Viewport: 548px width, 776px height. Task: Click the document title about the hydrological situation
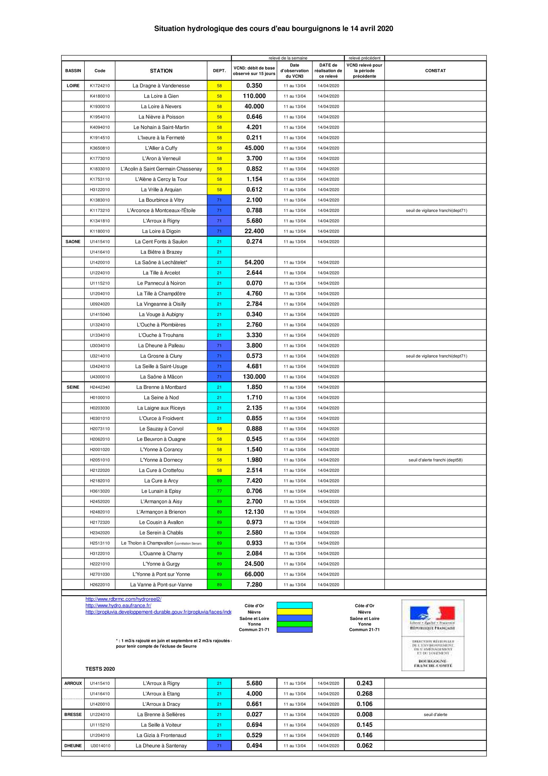(274, 29)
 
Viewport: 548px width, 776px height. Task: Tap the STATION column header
(161, 71)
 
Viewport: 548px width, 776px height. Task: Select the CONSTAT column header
(435, 71)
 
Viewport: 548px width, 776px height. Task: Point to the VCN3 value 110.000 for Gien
(254, 96)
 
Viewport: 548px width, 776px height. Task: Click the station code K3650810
(99, 148)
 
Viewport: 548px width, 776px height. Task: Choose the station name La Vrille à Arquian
(161, 190)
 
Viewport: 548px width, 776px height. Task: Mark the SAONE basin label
(73, 242)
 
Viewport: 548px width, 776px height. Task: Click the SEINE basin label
(73, 387)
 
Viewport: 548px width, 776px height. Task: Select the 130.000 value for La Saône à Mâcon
(254, 377)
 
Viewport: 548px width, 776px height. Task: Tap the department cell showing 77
(219, 491)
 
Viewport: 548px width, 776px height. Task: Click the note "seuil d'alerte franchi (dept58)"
(435, 460)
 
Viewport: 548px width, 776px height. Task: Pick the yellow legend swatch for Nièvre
(294, 612)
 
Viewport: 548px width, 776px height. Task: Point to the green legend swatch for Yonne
(294, 624)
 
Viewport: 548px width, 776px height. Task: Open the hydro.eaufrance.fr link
(118, 605)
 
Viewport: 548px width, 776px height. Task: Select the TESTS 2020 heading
(100, 669)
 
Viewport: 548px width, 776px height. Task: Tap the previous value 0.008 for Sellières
(364, 715)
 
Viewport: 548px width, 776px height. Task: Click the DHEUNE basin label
(73, 745)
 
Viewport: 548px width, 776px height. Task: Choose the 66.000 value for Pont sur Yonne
(254, 574)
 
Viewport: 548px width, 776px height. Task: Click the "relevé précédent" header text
(364, 58)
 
